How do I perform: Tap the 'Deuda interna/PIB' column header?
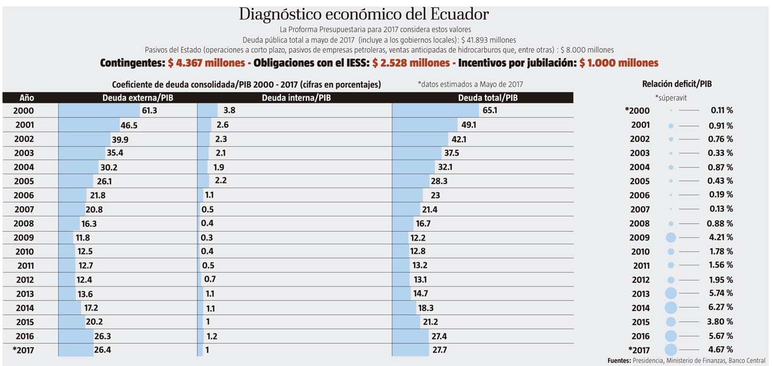tap(296, 98)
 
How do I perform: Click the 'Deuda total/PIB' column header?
tap(487, 98)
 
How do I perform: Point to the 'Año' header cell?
tap(26, 98)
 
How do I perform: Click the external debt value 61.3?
tap(149, 111)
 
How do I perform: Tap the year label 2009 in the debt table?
tap(24, 238)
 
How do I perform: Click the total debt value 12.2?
tap(418, 238)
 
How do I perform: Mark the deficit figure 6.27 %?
tap(721, 307)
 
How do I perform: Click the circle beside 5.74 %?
tap(671, 293)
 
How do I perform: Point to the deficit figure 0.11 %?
tap(721, 110)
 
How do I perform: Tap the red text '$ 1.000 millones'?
tap(618, 63)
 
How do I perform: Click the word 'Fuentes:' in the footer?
tap(619, 361)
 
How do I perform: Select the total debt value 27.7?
tap(438, 350)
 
